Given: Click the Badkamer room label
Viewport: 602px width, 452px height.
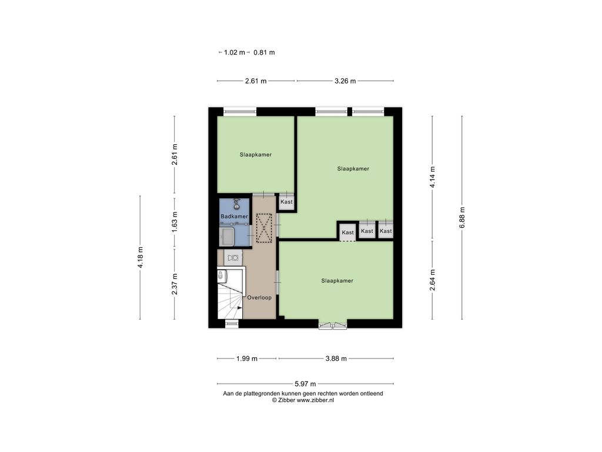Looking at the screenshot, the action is coord(234,217).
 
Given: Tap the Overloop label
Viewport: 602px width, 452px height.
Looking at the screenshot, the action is coord(259,297).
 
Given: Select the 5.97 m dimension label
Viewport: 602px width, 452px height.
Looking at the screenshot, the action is coord(305,384).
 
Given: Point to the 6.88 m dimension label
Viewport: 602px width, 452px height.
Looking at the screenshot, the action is coord(462,218).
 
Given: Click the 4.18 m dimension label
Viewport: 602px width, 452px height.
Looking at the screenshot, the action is coord(140,258).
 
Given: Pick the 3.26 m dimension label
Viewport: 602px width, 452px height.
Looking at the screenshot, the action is coord(345,81).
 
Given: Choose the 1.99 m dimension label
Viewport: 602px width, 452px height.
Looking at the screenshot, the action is coord(247,358).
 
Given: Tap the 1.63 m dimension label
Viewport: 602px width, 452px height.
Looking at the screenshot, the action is coord(175,222).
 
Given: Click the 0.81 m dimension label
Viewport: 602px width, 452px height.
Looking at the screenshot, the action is coord(264,52).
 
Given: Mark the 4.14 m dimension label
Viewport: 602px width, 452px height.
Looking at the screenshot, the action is coord(432,177).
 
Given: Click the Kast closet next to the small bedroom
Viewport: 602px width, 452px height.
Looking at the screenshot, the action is coord(286,202).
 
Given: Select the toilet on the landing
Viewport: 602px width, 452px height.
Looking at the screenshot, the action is coord(233,258).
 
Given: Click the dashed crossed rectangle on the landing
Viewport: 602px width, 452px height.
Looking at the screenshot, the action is coord(264,228).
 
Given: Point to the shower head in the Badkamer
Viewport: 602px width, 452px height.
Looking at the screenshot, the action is coord(236,204).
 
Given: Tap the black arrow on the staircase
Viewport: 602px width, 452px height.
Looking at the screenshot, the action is coord(240,307).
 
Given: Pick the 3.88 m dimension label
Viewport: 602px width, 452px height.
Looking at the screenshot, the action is coord(336,358).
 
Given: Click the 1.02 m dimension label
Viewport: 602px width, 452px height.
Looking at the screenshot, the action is coord(234,52).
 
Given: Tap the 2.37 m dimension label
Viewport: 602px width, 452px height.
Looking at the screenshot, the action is coord(175,284).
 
